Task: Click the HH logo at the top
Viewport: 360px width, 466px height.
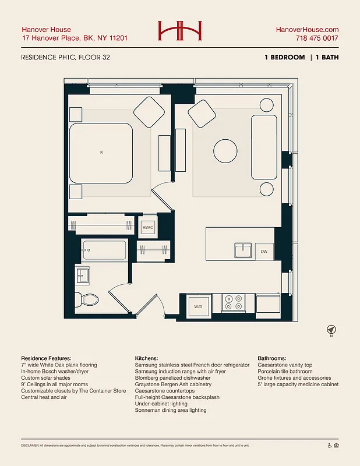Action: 179,31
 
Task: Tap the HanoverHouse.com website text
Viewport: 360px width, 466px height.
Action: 306,30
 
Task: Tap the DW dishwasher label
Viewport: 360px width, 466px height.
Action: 264,252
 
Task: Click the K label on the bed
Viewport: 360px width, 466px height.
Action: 101,152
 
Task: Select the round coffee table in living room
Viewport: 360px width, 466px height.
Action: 225,151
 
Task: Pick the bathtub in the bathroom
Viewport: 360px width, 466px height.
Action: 104,250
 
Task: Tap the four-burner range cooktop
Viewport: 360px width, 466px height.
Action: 234,302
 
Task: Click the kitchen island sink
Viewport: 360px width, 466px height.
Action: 243,250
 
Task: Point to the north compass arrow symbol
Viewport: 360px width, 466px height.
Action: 330,330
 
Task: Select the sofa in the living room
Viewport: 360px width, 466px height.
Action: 263,147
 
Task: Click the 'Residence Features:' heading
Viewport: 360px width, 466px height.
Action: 46,358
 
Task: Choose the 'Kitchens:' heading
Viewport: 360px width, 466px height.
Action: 149,358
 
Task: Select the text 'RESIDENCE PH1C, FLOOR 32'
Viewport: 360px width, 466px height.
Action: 65,58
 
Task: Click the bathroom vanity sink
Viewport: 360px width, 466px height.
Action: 82,274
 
